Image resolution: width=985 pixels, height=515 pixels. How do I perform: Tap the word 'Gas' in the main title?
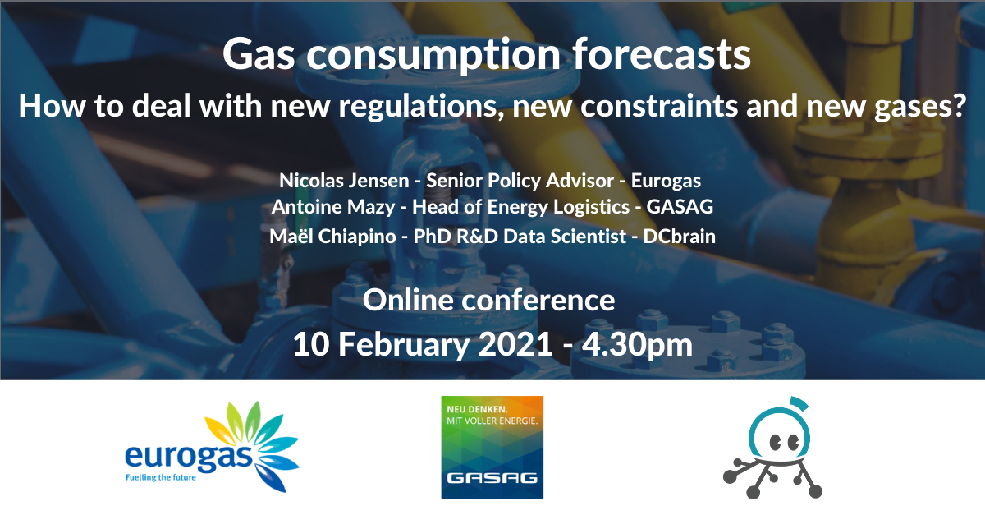coord(259,54)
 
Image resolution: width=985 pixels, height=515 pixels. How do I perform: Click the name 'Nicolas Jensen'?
coord(344,181)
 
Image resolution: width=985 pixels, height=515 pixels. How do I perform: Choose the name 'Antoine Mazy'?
coord(333,207)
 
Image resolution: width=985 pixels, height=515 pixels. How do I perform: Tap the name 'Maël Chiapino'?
coord(332,237)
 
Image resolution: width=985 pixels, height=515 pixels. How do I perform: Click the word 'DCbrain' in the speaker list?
coord(680,237)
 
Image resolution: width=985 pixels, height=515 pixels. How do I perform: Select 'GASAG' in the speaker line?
coord(680,207)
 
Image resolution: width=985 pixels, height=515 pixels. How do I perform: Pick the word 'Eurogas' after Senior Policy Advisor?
coord(666,181)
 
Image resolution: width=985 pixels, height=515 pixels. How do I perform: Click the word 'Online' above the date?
coord(409,301)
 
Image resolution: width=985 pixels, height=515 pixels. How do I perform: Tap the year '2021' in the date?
coord(515,344)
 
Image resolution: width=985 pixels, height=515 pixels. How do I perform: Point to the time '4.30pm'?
coord(637,345)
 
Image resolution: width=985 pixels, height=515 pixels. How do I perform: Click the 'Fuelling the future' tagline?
coord(161,477)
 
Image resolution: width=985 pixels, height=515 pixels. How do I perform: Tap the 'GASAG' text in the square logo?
coord(492,477)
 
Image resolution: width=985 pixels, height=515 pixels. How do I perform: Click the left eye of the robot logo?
coord(775,443)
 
